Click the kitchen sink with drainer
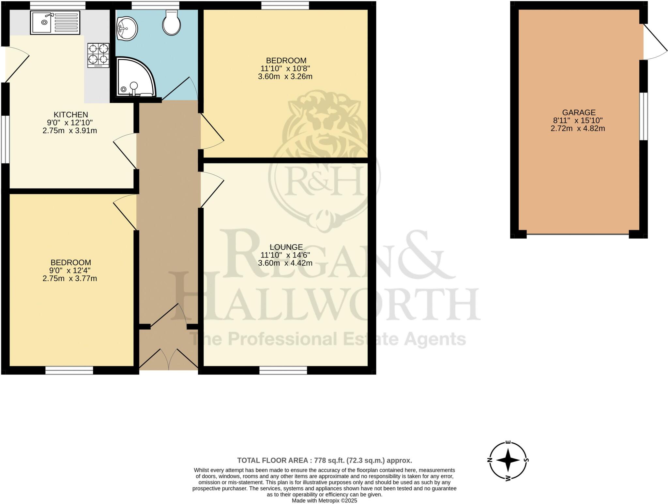[55, 22]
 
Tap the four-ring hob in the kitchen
[98, 55]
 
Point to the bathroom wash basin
[127, 29]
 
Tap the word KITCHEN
[71, 115]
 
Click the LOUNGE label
[286, 247]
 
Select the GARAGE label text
[579, 112]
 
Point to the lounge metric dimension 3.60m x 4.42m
[285, 263]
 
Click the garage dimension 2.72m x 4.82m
[578, 128]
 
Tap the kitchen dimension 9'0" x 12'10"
[70, 123]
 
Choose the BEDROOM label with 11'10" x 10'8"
[286, 61]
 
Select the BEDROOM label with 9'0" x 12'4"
[70, 262]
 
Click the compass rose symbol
[508, 460]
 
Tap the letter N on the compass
[490, 460]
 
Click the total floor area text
[324, 460]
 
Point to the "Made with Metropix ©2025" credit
[324, 500]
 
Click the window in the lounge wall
[283, 370]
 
